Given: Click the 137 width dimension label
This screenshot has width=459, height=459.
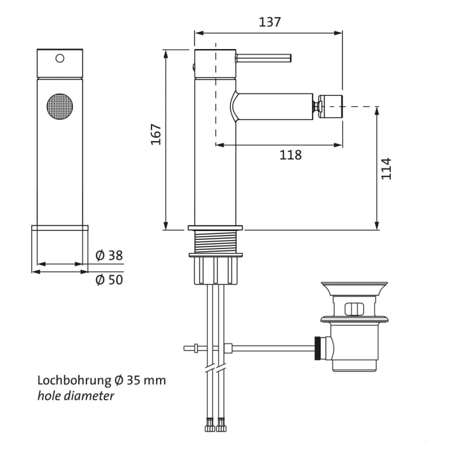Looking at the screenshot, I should pyautogui.click(x=269, y=22).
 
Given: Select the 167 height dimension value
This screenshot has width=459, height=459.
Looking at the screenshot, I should pyautogui.click(x=155, y=134).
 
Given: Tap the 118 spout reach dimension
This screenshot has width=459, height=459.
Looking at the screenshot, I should pyautogui.click(x=290, y=155).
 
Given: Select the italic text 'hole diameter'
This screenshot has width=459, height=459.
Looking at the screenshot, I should pyautogui.click(x=75, y=396).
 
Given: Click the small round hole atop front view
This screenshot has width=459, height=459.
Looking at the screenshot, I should pyautogui.click(x=60, y=58).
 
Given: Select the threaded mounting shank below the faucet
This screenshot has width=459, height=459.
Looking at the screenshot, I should pyautogui.click(x=215, y=244).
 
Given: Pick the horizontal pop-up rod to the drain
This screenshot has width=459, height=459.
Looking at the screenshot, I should pyautogui.click(x=269, y=348).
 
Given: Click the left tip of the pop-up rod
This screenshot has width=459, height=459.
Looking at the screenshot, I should pyautogui.click(x=188, y=348).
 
